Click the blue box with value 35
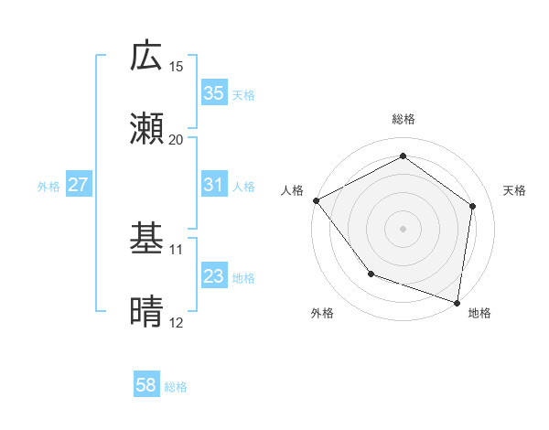click(214, 93)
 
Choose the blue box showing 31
click(214, 185)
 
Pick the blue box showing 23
click(214, 276)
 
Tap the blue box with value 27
click(79, 185)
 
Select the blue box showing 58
click(146, 386)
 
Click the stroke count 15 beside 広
click(177, 67)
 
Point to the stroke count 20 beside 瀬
click(177, 139)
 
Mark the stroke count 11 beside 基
click(177, 249)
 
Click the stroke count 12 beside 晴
click(177, 322)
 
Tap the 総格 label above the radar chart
click(404, 119)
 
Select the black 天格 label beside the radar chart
click(515, 190)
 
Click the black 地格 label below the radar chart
click(479, 313)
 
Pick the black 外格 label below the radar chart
click(322, 313)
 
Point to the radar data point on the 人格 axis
click(316, 200)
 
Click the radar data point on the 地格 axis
click(457, 301)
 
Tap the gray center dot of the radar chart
click(404, 228)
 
